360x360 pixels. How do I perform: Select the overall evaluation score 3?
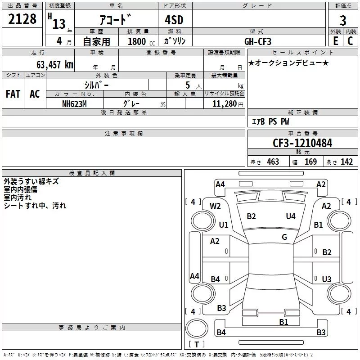[343, 20]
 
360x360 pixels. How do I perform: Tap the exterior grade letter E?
[335, 40]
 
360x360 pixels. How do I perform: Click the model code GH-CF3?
[257, 41]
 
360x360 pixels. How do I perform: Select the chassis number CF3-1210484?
[302, 143]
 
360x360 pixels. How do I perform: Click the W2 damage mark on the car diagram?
[215, 206]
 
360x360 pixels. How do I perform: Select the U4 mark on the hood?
[291, 216]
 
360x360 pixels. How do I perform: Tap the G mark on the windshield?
[284, 237]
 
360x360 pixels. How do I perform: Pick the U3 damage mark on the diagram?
[327, 279]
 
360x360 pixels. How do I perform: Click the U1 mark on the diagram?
[224, 225]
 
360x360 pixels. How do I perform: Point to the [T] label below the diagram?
[196, 345]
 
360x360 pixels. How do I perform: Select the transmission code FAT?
[13, 94]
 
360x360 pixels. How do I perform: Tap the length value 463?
[273, 162]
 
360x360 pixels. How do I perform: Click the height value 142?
[346, 162]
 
